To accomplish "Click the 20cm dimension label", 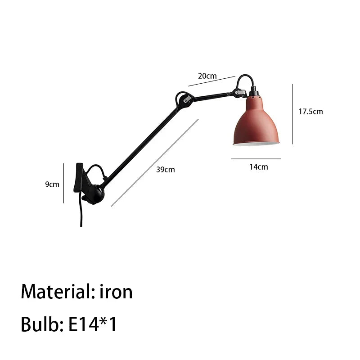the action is [207, 76].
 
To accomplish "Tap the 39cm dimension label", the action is [166, 170].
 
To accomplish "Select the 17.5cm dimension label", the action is [310, 112].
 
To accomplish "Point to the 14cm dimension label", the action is [259, 167].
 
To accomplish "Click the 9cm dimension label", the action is [52, 184].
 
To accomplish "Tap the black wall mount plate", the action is [78, 178].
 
